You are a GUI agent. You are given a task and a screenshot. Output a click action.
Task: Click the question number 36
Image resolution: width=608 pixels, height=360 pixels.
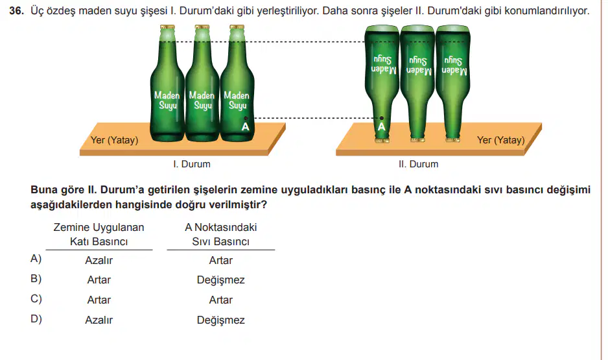coord(16,11)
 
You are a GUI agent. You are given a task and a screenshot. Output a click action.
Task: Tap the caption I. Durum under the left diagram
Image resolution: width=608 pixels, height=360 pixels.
coord(192,164)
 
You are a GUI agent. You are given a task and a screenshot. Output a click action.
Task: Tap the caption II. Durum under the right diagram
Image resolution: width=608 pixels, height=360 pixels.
coord(418,164)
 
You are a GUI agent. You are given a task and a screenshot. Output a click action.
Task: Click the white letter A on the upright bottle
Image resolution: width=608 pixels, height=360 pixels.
coord(245,127)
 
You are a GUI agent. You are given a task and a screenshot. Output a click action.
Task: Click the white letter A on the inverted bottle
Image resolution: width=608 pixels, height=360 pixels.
coord(382,127)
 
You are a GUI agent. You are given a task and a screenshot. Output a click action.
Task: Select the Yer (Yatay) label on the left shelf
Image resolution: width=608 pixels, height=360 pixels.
coord(114,140)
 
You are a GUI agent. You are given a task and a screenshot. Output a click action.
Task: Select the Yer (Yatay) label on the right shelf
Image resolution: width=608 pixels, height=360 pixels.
coord(500,140)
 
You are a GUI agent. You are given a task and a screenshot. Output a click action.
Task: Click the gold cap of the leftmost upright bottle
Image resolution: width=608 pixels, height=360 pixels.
coord(167,27)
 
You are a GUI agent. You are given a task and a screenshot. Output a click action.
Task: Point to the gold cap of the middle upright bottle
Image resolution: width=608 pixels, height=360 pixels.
coord(202,27)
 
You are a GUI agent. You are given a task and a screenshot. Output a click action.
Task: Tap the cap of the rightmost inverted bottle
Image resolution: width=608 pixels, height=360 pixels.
coord(452,139)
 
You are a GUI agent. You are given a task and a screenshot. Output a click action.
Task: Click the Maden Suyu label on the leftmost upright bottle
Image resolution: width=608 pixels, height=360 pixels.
coord(167,100)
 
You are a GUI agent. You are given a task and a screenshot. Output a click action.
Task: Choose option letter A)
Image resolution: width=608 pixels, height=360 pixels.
coord(36,259)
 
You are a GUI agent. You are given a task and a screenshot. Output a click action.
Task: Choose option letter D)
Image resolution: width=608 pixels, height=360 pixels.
coord(36,319)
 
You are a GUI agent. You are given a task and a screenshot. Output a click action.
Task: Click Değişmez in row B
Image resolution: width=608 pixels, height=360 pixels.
coord(220,280)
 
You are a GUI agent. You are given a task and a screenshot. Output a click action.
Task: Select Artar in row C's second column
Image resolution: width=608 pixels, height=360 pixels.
coord(220,300)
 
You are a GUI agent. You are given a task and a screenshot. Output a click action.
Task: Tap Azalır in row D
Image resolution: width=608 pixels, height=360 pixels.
coord(99,320)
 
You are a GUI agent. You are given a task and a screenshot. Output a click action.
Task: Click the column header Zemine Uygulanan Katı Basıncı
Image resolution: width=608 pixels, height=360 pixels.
coord(99,234)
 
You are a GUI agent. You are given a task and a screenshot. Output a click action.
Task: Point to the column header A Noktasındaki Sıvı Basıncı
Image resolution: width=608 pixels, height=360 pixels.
coord(220,234)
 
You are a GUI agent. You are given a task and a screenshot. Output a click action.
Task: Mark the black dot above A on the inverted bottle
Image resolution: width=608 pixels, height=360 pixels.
coord(382,118)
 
